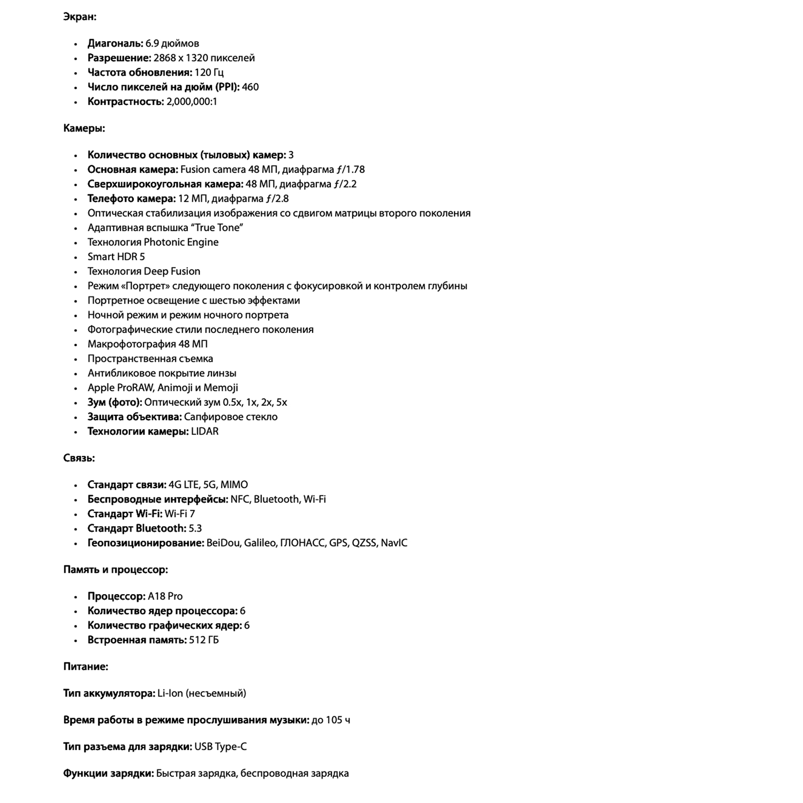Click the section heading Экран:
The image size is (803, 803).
[80, 17]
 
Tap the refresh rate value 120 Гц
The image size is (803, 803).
[209, 72]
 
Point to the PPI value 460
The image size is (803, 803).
[250, 87]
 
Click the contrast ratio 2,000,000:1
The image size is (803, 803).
[192, 102]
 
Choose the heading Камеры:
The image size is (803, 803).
[84, 128]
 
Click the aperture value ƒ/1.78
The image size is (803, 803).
[351, 170]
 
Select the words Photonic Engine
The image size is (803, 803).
[181, 243]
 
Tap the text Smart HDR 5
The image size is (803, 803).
[116, 257]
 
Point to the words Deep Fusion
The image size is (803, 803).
[172, 271]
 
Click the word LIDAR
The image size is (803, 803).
[204, 431]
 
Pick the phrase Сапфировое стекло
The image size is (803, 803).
[231, 417]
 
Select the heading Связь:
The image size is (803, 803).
[79, 458]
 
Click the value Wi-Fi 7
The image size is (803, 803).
[180, 514]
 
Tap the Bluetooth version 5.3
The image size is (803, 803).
[195, 528]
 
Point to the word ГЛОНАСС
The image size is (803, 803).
[302, 543]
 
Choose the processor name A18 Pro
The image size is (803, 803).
[165, 596]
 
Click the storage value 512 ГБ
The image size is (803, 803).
[204, 640]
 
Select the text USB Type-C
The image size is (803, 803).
[221, 747]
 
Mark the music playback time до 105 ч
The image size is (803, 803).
[331, 720]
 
